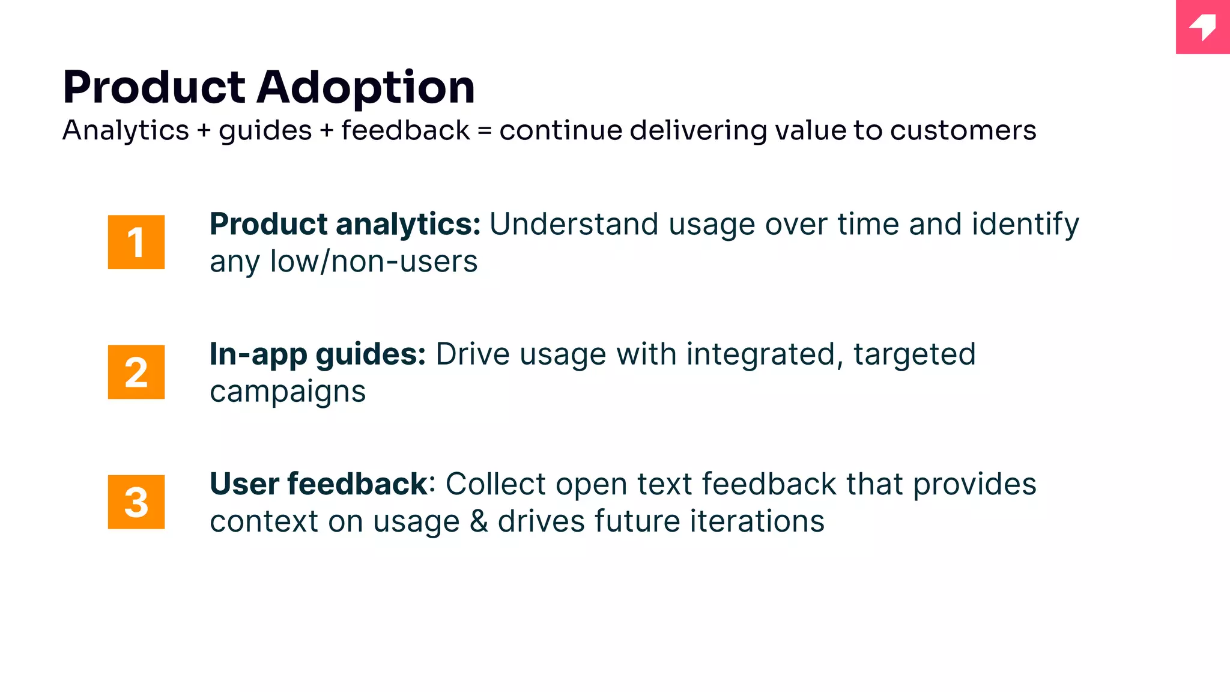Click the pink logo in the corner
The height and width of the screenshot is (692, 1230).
click(1202, 27)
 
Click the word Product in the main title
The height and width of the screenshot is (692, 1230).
click(154, 87)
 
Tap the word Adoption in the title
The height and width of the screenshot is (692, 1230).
click(366, 88)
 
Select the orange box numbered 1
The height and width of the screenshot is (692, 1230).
click(136, 242)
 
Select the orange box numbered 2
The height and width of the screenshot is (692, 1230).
click(136, 372)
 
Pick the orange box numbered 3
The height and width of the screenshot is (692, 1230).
click(136, 502)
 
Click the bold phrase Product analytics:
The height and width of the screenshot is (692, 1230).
click(345, 225)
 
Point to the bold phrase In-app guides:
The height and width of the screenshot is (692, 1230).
click(317, 354)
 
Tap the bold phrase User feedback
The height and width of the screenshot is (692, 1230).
click(318, 484)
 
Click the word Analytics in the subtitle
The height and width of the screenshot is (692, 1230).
click(126, 131)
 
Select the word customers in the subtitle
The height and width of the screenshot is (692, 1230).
click(963, 131)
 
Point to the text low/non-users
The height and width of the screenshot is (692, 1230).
click(374, 262)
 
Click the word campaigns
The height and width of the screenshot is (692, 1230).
click(288, 392)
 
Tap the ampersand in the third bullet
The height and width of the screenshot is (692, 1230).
click(479, 521)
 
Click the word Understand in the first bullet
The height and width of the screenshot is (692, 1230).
click(574, 225)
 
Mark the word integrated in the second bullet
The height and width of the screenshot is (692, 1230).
click(760, 354)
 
